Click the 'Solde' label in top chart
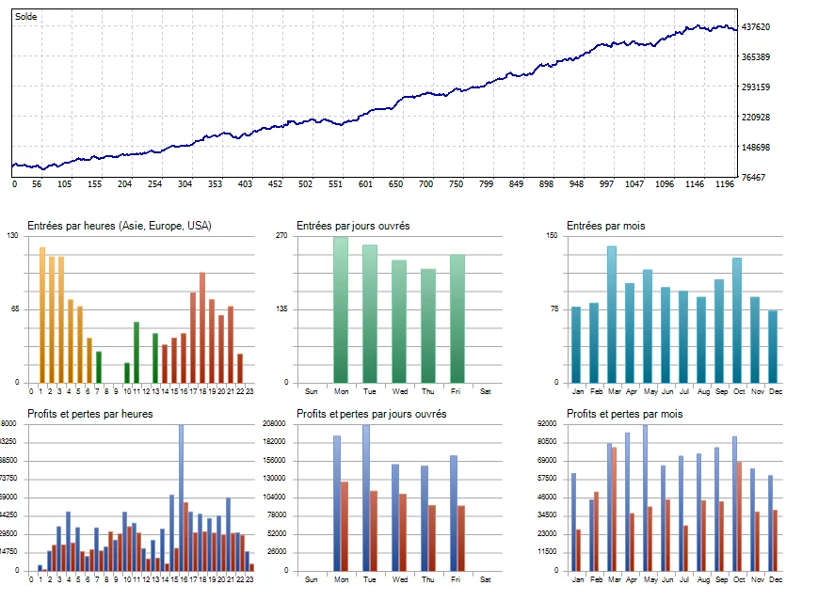(26, 17)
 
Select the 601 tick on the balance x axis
(365, 184)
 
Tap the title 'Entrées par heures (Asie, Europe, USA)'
(120, 226)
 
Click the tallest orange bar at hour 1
(41, 314)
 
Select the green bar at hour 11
(136, 352)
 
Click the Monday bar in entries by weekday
(340, 309)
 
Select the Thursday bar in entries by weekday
(428, 325)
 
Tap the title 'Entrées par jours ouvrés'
(353, 226)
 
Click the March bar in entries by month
(612, 314)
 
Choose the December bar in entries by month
(773, 346)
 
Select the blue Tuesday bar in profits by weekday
(366, 498)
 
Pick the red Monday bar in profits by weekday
(345, 526)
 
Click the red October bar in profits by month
(739, 515)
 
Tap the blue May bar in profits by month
(645, 498)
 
